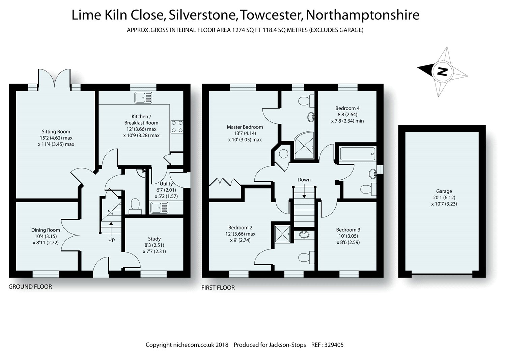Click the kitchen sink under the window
(x=144, y=97)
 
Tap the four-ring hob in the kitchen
(x=177, y=126)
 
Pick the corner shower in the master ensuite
(x=305, y=146)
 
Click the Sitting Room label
(x=56, y=131)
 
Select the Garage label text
(x=444, y=191)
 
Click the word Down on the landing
(x=304, y=180)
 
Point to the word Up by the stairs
(x=111, y=239)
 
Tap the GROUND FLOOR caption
(x=30, y=287)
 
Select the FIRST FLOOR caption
(x=218, y=288)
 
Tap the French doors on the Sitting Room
(x=54, y=77)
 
